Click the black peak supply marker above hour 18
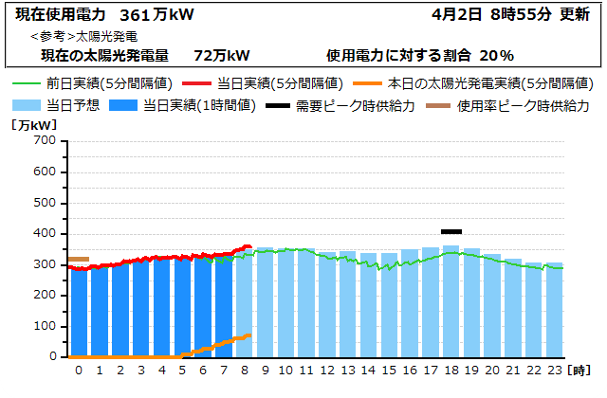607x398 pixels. (451, 231)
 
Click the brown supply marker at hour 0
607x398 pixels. (79, 259)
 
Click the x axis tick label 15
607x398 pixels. (389, 370)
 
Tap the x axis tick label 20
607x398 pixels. (492, 370)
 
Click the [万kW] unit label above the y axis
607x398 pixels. (33, 124)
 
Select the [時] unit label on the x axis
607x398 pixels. (581, 370)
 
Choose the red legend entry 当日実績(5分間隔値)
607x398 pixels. (281, 83)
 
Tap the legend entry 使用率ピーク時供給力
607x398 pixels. (523, 105)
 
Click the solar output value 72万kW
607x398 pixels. (221, 55)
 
